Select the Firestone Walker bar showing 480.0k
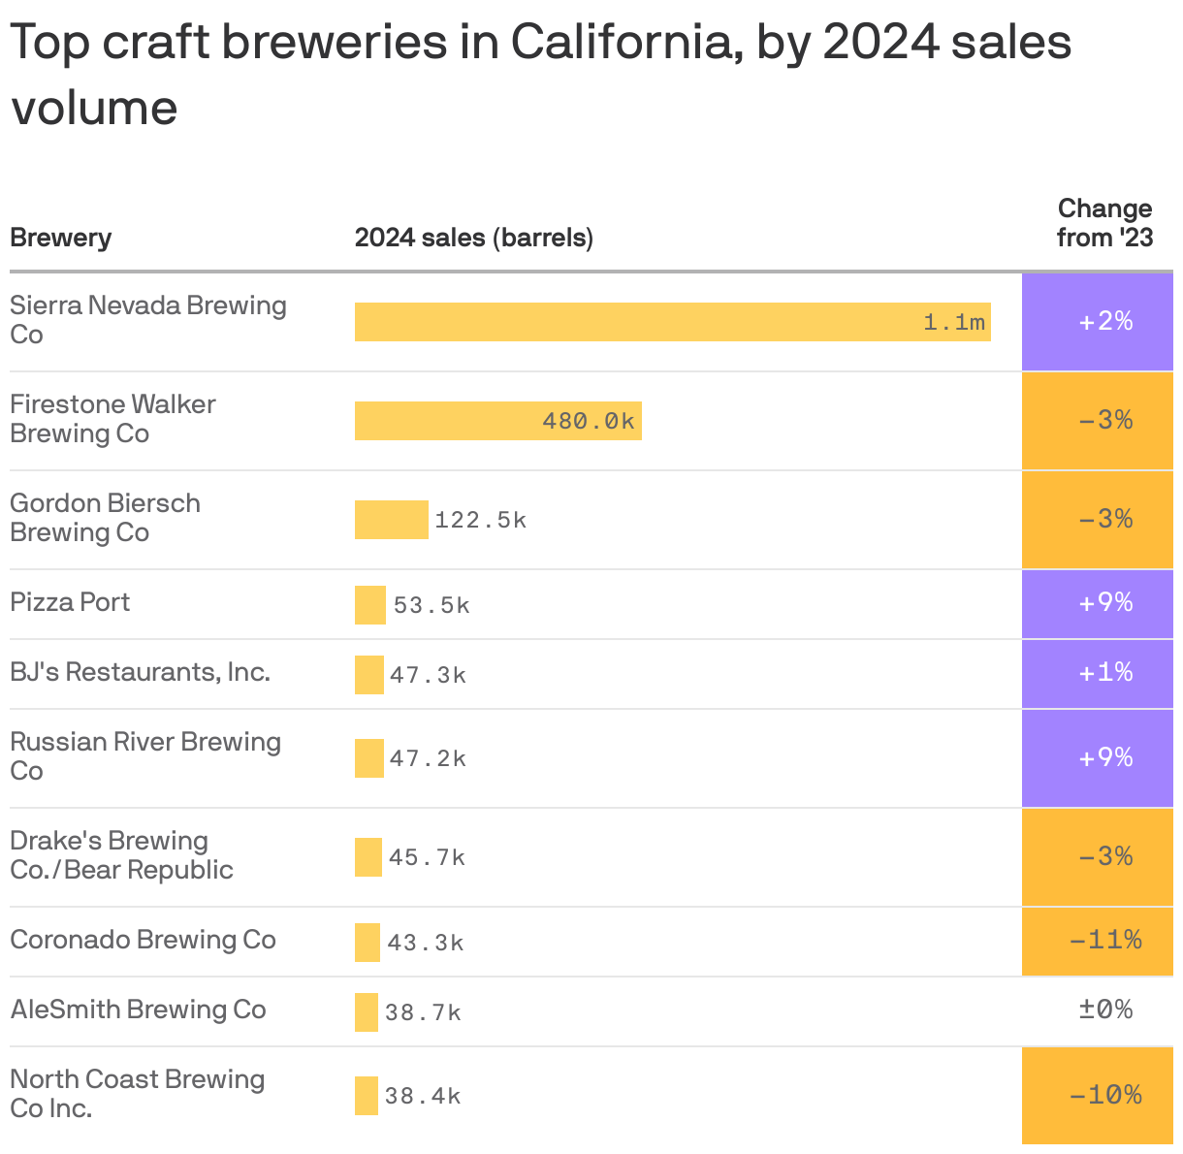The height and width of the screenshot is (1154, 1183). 497,421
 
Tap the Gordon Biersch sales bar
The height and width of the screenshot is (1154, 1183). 391,520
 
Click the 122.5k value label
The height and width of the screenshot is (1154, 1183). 480,521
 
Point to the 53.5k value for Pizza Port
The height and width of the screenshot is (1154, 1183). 432,606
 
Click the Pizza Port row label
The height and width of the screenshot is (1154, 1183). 70,602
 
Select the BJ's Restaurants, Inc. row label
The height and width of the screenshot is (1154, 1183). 140,672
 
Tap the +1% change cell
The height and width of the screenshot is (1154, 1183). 1105,673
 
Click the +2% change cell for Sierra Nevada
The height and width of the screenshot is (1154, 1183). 1105,322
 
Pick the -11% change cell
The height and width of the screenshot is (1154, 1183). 1105,941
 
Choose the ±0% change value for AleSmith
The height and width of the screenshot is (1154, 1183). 1105,1010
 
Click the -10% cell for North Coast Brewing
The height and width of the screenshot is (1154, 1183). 1105,1096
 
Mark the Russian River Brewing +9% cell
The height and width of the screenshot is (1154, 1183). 1105,758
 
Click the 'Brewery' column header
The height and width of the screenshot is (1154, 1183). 60,238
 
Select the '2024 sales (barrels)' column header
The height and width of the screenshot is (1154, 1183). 473,238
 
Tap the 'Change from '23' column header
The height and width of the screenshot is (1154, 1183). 1104,223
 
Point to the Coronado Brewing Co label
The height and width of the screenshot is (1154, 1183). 143,940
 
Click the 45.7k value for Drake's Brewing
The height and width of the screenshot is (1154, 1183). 427,858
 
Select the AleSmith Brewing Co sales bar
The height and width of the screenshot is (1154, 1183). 367,1012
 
